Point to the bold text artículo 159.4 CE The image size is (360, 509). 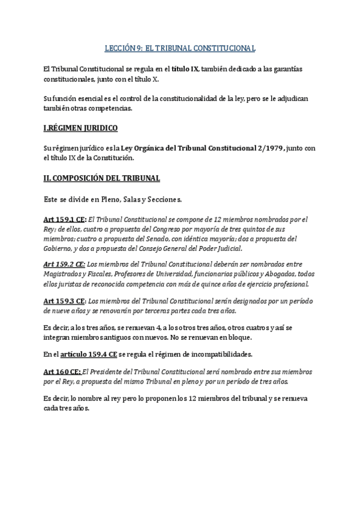[89, 354]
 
